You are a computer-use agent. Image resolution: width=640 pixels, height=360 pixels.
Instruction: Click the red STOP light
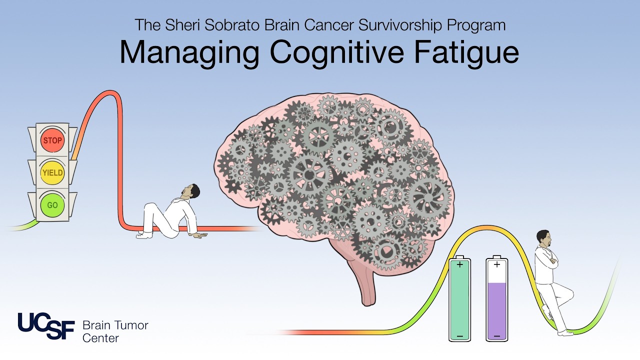[x=52, y=140]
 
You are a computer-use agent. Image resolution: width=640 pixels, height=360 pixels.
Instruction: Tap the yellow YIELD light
[x=52, y=172]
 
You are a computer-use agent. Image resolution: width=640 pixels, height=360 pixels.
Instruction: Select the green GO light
[x=52, y=205]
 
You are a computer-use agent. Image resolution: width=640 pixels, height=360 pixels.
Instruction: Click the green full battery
[x=459, y=298]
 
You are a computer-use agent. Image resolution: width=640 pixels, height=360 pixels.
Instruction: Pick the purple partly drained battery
[x=497, y=298]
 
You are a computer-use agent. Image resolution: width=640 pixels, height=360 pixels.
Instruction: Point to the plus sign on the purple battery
[x=497, y=265]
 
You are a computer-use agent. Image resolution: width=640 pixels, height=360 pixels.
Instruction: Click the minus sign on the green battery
[x=459, y=336]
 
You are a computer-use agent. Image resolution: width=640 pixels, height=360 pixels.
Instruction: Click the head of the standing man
[x=543, y=239]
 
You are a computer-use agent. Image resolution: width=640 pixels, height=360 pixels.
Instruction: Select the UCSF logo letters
[x=46, y=325]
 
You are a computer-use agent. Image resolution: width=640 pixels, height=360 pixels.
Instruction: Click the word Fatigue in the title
[x=466, y=53]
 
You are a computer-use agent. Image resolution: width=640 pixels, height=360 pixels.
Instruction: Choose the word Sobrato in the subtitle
[x=232, y=25]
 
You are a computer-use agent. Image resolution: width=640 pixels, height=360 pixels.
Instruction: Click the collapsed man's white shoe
[x=144, y=235]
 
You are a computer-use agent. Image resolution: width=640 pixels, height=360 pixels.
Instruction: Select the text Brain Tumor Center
[x=115, y=331]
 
